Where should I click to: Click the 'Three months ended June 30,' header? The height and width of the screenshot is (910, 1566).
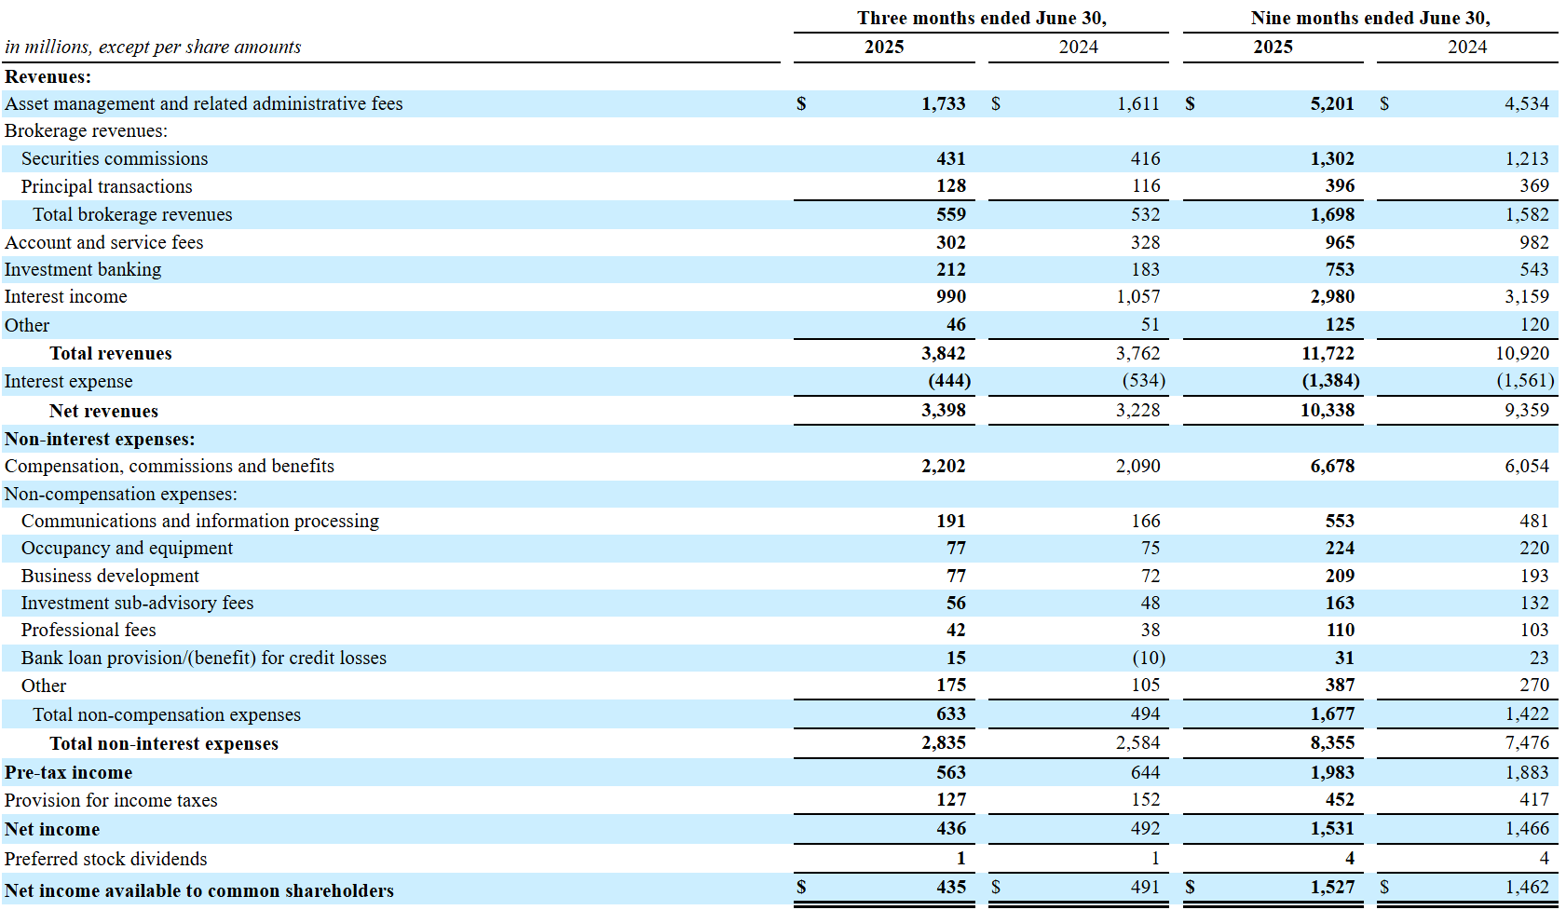point(981,19)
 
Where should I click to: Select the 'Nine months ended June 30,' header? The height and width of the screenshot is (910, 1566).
point(1369,19)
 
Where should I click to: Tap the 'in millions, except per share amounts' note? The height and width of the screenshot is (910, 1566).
point(153,48)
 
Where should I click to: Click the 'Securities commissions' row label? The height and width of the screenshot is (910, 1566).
point(115,159)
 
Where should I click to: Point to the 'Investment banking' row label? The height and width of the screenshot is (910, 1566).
point(83,270)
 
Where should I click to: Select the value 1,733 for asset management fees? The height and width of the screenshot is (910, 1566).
point(943,104)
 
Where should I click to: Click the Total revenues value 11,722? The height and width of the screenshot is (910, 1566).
point(1328,354)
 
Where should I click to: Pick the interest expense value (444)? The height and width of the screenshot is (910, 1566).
point(948,381)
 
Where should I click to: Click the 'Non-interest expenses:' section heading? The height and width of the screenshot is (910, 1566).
point(100,440)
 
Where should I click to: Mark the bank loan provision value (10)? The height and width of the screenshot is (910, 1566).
point(1148,659)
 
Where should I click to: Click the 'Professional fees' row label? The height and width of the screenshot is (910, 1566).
point(89,631)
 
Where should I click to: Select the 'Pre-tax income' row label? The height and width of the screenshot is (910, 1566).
point(68,773)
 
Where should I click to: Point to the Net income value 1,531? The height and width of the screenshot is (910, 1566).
point(1331,829)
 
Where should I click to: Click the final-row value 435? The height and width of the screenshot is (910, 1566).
point(950,888)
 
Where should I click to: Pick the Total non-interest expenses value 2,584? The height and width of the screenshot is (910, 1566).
point(1137,743)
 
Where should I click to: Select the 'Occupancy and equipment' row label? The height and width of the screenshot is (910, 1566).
point(127,549)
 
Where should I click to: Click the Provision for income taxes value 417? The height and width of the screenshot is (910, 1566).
point(1533,800)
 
